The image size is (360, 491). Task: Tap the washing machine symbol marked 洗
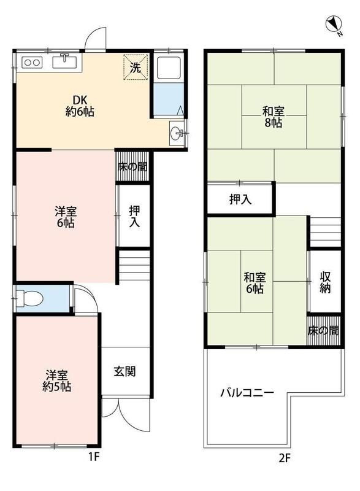click(136, 67)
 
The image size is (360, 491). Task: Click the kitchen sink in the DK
click(64, 61)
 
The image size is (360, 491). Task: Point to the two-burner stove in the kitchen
click(31, 62)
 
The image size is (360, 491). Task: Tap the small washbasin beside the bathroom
click(177, 131)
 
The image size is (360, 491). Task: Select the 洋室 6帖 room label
click(66, 217)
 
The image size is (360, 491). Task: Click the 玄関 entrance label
click(124, 371)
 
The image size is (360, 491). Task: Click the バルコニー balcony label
click(247, 393)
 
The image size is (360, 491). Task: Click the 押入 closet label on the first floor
click(134, 216)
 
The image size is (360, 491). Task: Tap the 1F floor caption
click(93, 457)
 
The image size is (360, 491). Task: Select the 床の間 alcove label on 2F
click(323, 331)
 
